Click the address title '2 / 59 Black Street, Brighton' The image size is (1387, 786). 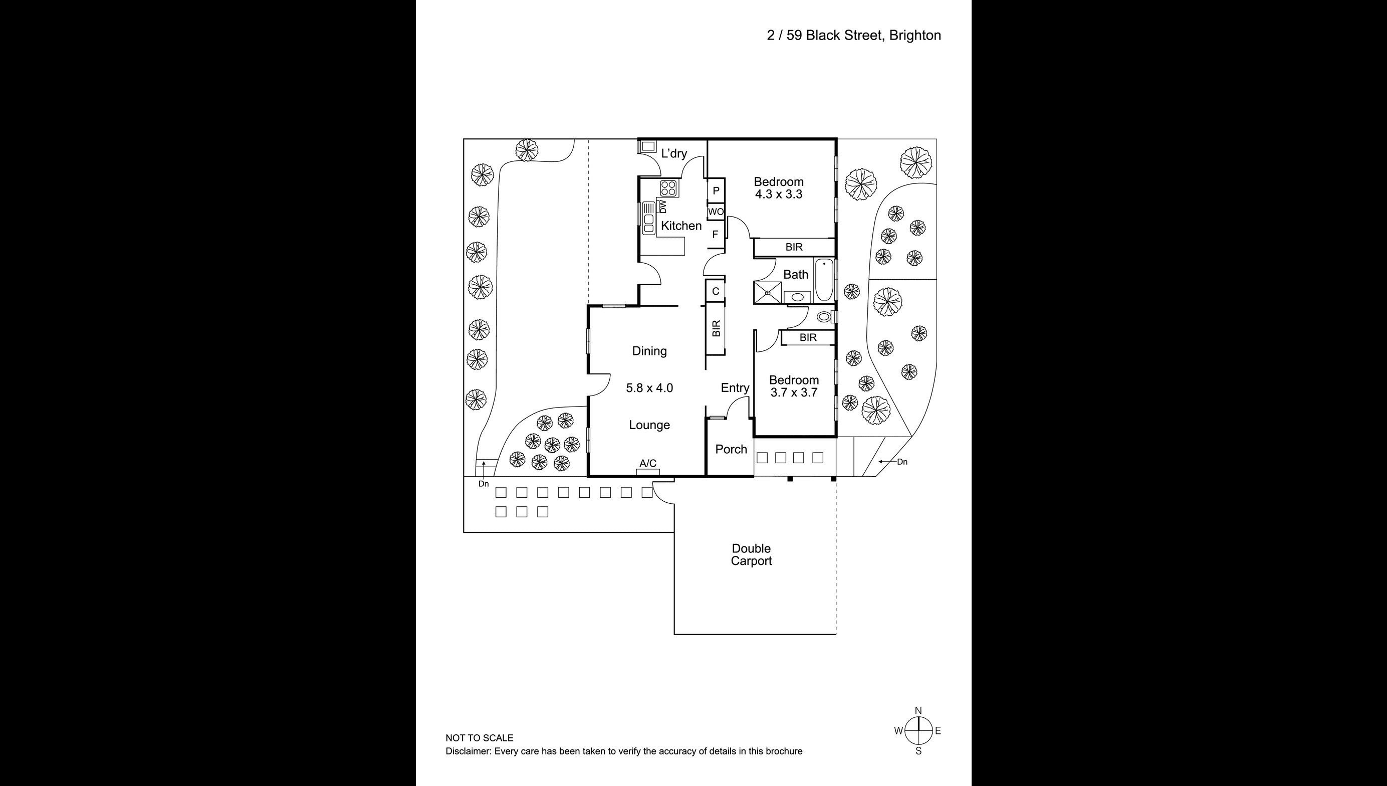point(853,36)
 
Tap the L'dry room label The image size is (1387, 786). point(674,154)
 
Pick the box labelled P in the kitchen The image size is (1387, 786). point(716,191)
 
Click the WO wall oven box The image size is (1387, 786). point(716,212)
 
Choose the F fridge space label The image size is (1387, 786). point(716,235)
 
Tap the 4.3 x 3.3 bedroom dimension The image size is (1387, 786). point(779,195)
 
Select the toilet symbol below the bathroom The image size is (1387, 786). point(824,317)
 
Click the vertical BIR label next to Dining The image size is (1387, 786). point(716,328)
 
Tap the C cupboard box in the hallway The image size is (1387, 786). point(716,292)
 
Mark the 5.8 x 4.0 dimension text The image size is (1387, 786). point(649,388)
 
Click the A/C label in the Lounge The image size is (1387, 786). point(648,464)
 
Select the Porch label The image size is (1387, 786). point(731,450)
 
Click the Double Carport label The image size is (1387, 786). point(751,555)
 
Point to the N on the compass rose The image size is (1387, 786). point(918,710)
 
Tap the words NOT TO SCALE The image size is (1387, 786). point(479,738)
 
